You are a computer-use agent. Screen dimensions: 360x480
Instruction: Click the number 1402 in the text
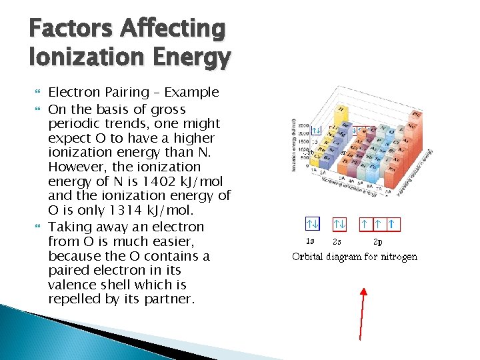tap(134, 181)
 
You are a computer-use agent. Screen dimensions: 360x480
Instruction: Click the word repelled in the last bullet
tap(75, 299)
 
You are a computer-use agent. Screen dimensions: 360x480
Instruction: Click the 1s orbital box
tap(311, 223)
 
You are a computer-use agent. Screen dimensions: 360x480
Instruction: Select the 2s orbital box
tap(340, 223)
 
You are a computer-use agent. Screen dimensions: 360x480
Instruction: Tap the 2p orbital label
tap(377, 241)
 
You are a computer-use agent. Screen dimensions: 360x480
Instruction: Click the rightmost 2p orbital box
tap(392, 223)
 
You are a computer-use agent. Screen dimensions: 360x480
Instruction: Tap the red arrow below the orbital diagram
tap(362, 313)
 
